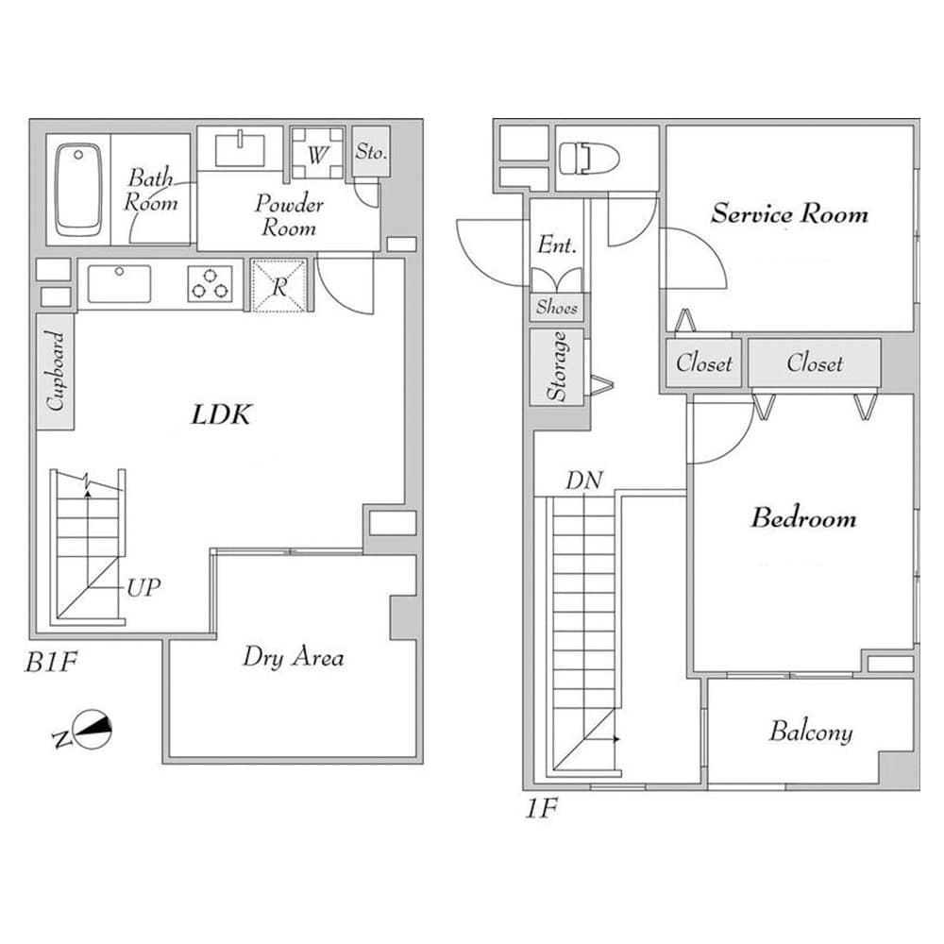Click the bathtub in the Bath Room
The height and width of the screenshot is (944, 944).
[77, 189]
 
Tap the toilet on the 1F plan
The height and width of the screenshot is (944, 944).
[587, 158]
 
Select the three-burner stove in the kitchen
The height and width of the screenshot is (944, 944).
[210, 283]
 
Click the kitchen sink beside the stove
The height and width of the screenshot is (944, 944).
[119, 283]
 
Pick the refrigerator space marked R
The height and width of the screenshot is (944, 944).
[279, 286]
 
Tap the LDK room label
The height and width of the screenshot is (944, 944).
[222, 413]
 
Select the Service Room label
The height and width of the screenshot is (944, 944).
[789, 213]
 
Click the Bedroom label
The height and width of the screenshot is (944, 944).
[803, 517]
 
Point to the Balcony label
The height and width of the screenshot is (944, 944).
[810, 732]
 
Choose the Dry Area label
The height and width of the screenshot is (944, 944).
[293, 657]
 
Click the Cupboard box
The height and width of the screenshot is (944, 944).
[56, 372]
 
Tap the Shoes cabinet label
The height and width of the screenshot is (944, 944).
[557, 307]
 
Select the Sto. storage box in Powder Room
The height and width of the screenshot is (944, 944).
[370, 151]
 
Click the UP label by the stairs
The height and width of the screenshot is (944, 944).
[143, 587]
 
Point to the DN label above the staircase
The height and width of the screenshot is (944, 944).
[583, 480]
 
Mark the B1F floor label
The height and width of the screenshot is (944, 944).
[50, 663]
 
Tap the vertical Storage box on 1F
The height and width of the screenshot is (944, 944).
[558, 367]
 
